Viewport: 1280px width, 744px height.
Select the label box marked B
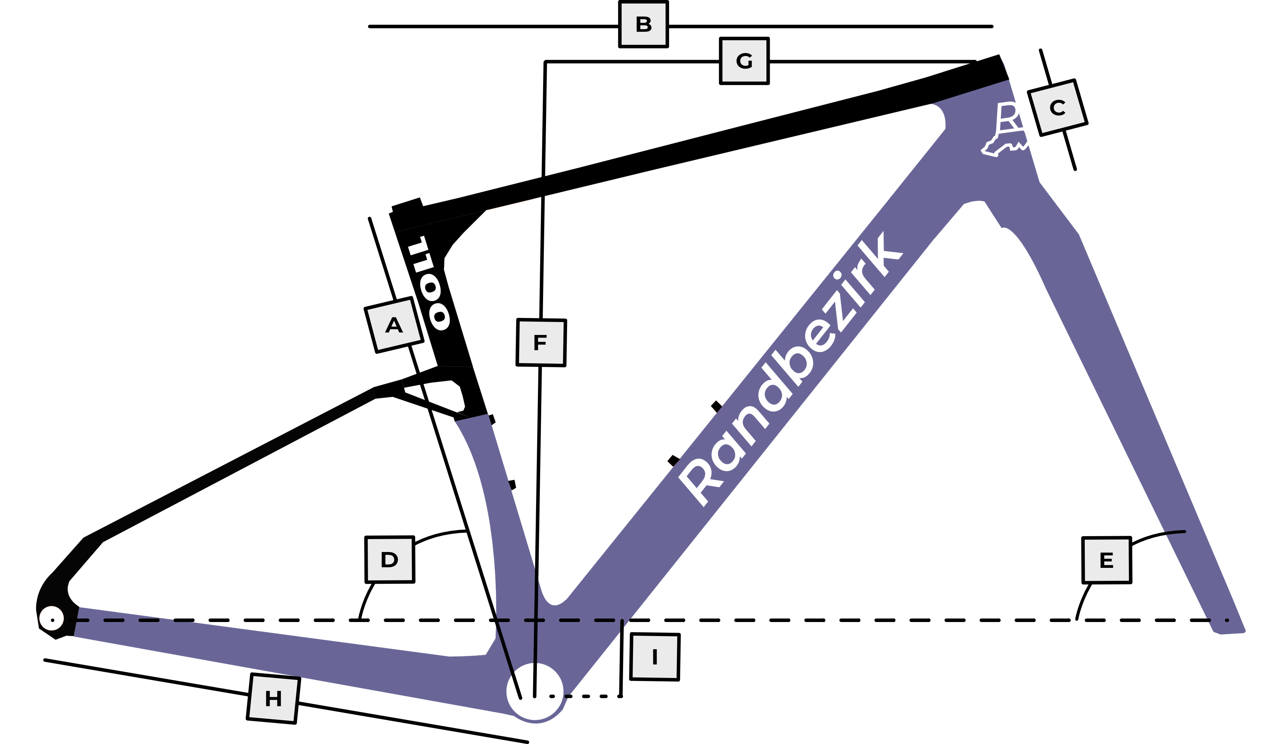click(x=643, y=24)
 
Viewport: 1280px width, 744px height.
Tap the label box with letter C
click(x=1057, y=108)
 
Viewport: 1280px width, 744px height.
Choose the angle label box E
click(x=1107, y=560)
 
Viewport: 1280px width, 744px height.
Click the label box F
click(x=541, y=342)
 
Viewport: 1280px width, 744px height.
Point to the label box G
click(x=744, y=61)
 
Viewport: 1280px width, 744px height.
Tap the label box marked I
click(x=655, y=657)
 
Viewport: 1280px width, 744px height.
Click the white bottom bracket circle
click(x=535, y=692)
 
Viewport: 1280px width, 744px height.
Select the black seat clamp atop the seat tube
click(x=408, y=207)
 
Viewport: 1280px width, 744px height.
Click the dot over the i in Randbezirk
click(x=837, y=275)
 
